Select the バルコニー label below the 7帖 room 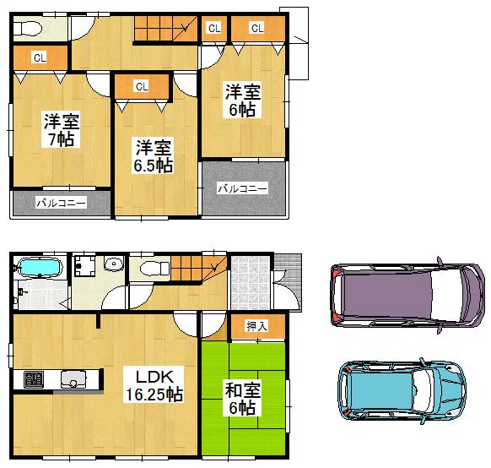click(x=61, y=204)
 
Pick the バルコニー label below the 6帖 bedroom click(x=242, y=188)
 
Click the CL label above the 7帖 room click(x=39, y=58)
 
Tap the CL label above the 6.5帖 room click(x=141, y=85)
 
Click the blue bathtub click(x=39, y=269)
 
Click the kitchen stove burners click(x=34, y=379)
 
